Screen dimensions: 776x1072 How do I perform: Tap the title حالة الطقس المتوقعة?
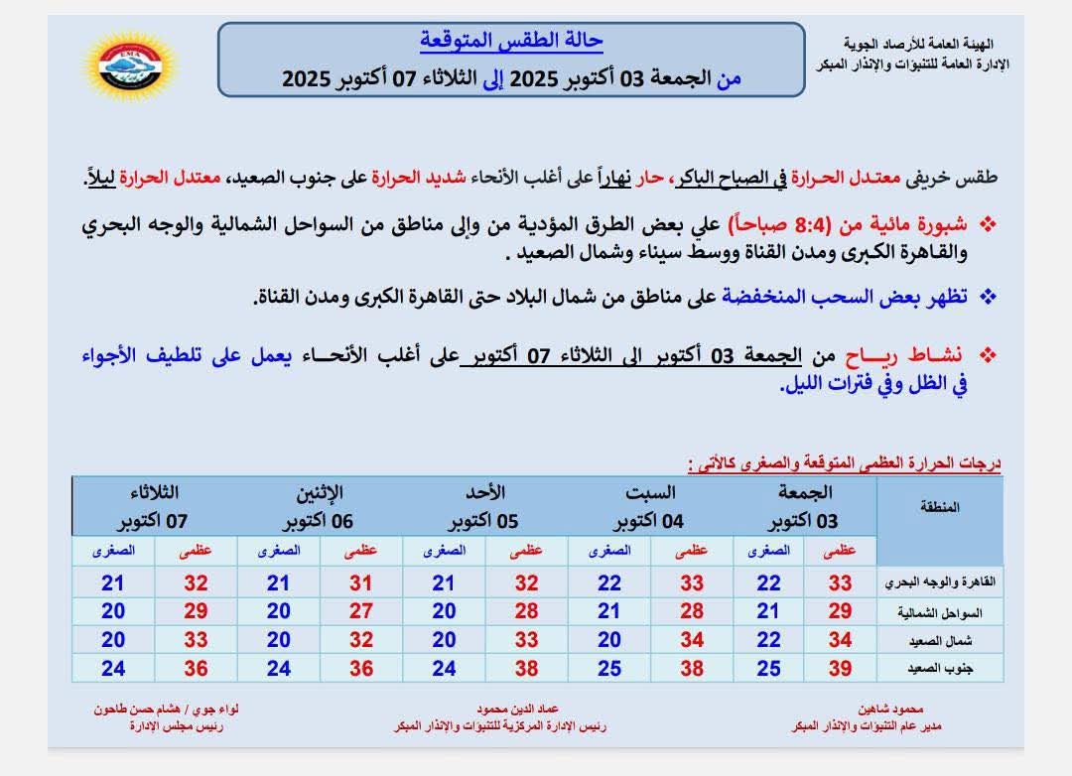coord(511,43)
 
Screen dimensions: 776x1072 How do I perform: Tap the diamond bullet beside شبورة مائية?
coord(988,224)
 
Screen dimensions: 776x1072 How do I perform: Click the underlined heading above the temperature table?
coord(844,462)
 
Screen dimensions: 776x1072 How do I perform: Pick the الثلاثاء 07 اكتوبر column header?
coord(154,506)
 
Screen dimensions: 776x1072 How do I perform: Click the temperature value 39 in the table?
coord(840,669)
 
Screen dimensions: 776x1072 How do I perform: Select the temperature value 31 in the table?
coord(361,583)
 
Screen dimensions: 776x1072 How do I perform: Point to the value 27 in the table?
coord(361,611)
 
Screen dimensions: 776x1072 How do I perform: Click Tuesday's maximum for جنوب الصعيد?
coord(197,669)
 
